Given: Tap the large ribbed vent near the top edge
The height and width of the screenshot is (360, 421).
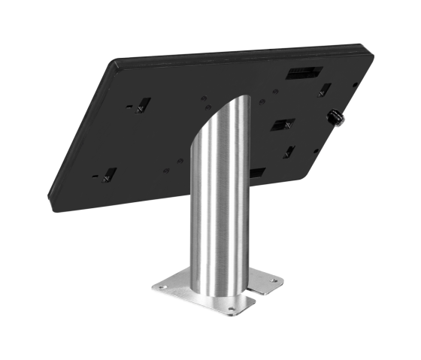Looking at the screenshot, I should [304, 74].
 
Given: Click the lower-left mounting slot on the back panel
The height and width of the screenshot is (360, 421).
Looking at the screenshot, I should [108, 175].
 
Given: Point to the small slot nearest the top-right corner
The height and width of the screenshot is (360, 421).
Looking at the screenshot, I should [325, 89].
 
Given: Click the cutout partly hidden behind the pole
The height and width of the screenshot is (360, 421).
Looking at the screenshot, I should [256, 173].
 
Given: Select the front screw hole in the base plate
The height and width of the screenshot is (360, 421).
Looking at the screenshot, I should [229, 308].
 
